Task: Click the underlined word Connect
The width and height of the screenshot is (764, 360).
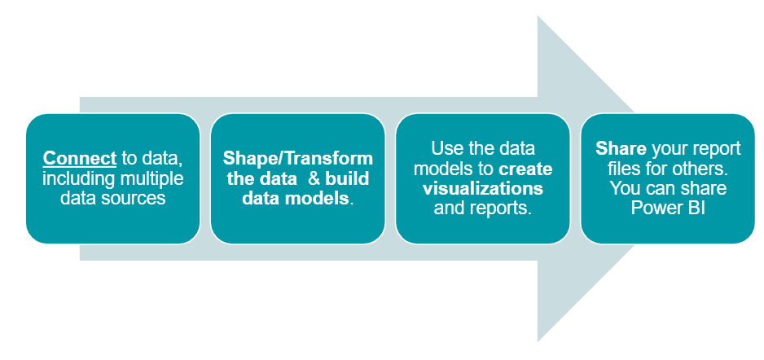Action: [x=80, y=158]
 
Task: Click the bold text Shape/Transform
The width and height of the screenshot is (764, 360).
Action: [x=298, y=158]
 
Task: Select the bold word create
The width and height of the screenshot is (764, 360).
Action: [x=525, y=169]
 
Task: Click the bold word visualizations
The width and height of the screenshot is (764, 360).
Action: [x=483, y=188]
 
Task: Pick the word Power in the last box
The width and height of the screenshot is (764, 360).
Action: [x=656, y=209]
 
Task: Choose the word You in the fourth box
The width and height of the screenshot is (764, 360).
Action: [x=625, y=188]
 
